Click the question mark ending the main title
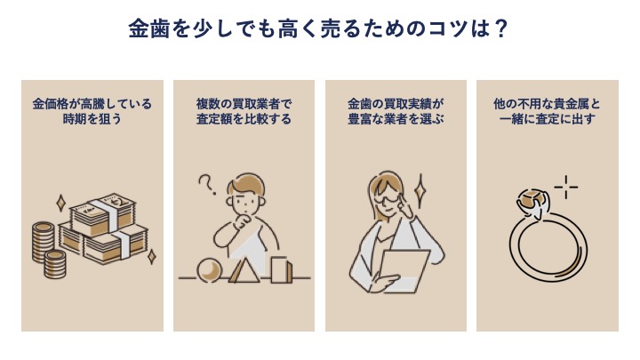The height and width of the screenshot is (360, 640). tap(500, 29)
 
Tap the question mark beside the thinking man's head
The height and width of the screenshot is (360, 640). tap(206, 185)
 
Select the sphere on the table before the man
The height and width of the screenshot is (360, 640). tap(210, 270)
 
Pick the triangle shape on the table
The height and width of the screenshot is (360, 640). tap(244, 268)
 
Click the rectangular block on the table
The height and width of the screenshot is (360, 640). tap(282, 269)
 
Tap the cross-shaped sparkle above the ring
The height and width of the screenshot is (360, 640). tap(566, 188)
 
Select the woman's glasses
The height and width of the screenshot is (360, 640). tap(388, 199)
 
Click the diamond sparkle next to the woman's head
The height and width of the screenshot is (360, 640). tap(420, 190)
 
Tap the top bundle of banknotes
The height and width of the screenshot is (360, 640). tap(102, 214)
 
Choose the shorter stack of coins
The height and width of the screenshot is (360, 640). tap(55, 264)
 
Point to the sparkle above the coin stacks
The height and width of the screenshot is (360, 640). tap(60, 204)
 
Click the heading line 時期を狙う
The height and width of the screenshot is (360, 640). tap(92, 119)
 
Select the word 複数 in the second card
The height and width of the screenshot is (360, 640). tap(208, 104)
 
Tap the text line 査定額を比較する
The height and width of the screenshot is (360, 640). tap(244, 119)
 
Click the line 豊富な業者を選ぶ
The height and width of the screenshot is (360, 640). tap(396, 119)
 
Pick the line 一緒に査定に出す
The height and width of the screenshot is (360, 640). tap(548, 119)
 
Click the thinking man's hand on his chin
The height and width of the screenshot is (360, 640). tap(243, 221)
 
